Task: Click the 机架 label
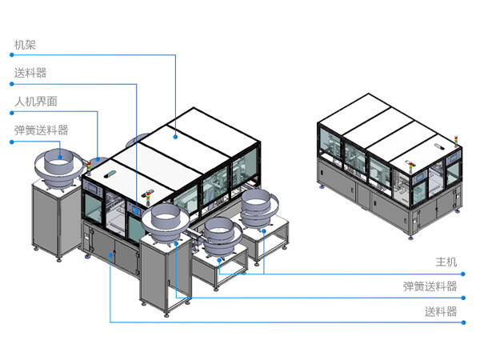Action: click(x=25, y=45)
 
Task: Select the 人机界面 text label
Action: click(x=36, y=102)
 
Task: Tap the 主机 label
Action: click(x=446, y=262)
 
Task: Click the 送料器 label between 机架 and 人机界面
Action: click(x=30, y=73)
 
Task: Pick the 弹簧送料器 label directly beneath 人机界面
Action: click(x=42, y=130)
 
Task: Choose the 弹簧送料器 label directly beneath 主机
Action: click(x=430, y=286)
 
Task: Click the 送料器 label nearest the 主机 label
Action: click(x=441, y=312)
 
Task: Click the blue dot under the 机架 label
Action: click(x=12, y=54)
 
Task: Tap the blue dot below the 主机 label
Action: click(x=463, y=274)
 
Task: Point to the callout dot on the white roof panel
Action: click(x=175, y=137)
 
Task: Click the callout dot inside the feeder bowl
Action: click(x=60, y=158)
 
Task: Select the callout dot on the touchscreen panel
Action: click(x=136, y=210)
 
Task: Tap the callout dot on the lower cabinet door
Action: click(x=110, y=254)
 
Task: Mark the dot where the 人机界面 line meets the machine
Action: click(x=98, y=159)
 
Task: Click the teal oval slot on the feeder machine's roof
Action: click(x=110, y=174)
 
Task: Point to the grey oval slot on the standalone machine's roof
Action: click(x=440, y=146)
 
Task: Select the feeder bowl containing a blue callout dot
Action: click(x=58, y=168)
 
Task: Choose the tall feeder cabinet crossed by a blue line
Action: click(x=166, y=273)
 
